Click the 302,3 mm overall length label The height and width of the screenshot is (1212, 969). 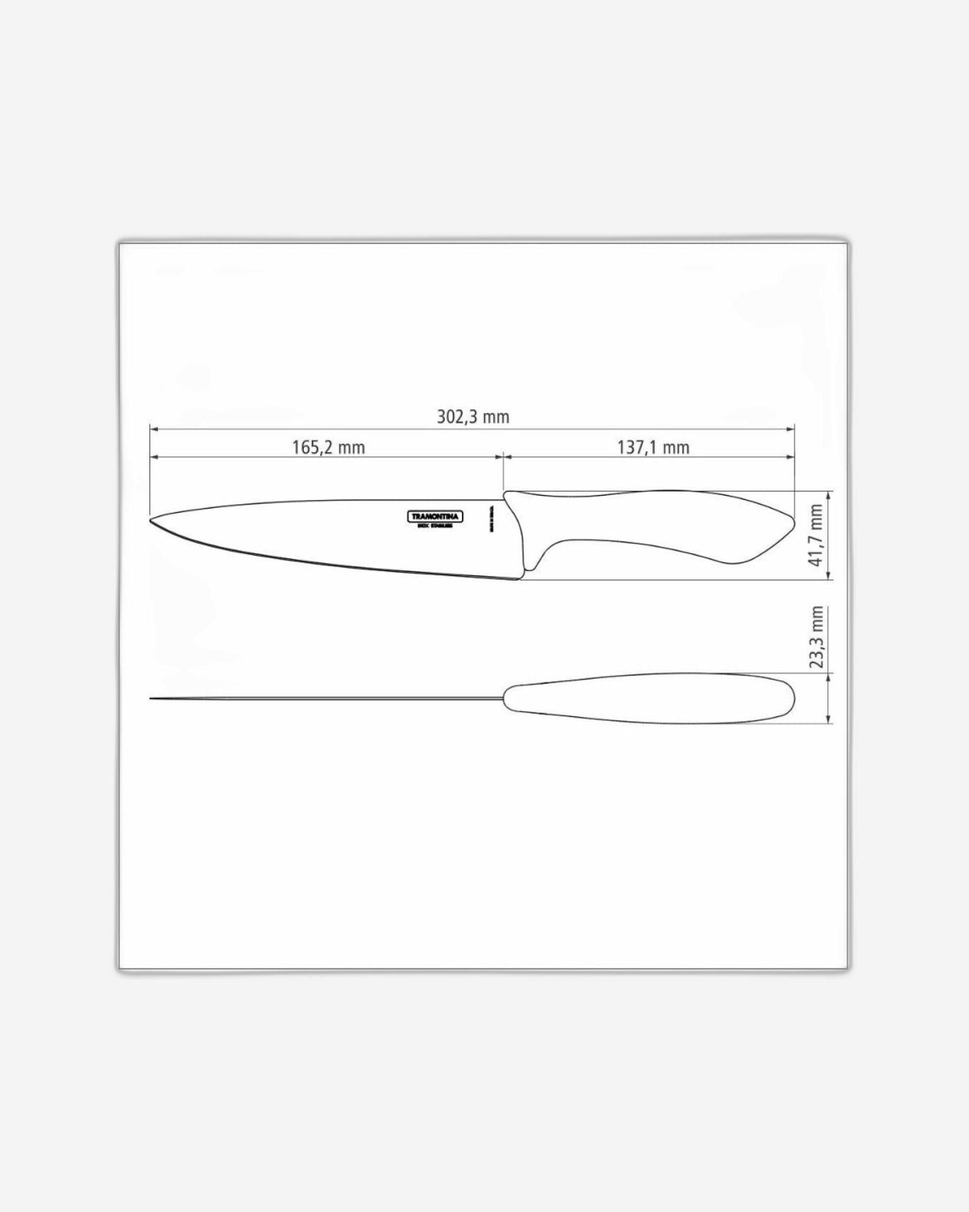[x=473, y=416]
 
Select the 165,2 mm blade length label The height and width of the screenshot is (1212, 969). [x=328, y=448]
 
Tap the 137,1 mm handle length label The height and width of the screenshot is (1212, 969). [x=653, y=448]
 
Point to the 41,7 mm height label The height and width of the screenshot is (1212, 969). [x=816, y=535]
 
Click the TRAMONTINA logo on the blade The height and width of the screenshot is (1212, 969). [x=436, y=517]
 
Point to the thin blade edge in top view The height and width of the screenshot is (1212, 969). [x=322, y=698]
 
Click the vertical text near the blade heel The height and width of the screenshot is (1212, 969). [x=491, y=519]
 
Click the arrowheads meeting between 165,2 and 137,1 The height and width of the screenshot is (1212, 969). [x=503, y=456]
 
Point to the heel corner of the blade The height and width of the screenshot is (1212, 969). [x=518, y=578]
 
